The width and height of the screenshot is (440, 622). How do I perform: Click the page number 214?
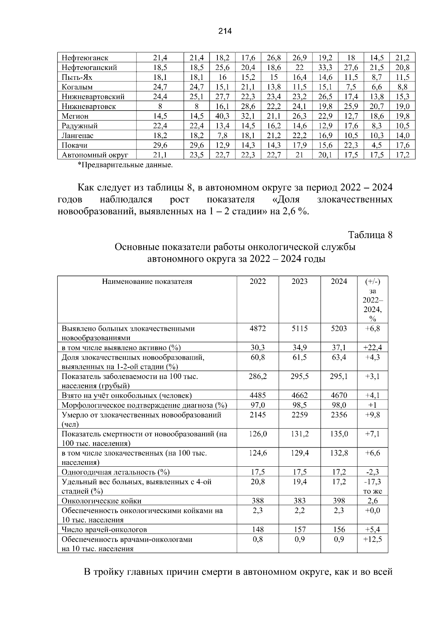tap(225, 32)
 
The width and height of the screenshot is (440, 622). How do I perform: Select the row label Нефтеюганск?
tap(85, 58)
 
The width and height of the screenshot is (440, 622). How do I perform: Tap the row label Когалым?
tap(77, 87)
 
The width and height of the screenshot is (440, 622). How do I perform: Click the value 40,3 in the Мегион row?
tap(222, 116)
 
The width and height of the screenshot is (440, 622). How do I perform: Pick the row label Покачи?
tap(74, 145)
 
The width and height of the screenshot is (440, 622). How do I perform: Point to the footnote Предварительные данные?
tap(125, 165)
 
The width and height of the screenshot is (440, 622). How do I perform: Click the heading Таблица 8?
tap(370, 235)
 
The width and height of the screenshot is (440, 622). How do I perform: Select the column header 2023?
tap(299, 282)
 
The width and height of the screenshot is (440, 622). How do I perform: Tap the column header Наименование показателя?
tap(147, 282)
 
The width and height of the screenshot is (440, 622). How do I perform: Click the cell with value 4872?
tap(257, 329)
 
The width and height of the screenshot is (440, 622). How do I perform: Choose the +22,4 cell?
tap(372, 348)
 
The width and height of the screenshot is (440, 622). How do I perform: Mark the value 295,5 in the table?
tap(299, 376)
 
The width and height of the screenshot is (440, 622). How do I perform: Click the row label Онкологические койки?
tap(102, 501)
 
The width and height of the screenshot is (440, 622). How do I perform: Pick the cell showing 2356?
tap(338, 415)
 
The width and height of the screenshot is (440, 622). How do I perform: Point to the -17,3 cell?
tap(372, 482)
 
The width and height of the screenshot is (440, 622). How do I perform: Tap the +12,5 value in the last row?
tap(372, 540)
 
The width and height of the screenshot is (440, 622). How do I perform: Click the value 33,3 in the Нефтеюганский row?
tap(325, 68)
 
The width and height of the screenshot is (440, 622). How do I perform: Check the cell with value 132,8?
tap(338, 453)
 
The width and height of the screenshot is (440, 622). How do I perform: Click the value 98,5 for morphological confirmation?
tap(299, 405)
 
